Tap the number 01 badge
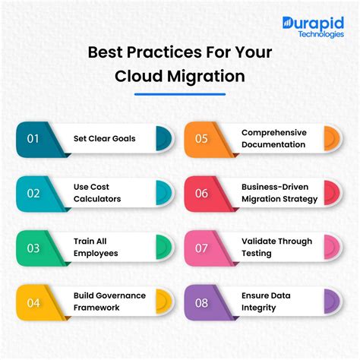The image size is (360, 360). [33, 138]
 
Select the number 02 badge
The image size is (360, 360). [33, 193]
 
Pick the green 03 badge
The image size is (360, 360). [33, 248]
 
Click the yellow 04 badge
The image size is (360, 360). [33, 301]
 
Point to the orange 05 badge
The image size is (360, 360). [202, 138]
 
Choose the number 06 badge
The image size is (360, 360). [202, 193]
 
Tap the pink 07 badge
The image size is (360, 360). [202, 248]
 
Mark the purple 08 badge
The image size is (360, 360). [202, 301]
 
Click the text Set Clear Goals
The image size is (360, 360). [104, 138]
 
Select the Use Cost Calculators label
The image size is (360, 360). [97, 193]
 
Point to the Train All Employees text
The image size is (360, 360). [96, 248]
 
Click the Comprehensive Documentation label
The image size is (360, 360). [273, 138]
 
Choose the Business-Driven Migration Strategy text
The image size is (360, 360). [279, 193]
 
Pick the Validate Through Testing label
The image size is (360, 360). [276, 248]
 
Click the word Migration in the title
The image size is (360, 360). [204, 76]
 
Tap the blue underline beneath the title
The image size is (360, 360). [180, 94]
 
